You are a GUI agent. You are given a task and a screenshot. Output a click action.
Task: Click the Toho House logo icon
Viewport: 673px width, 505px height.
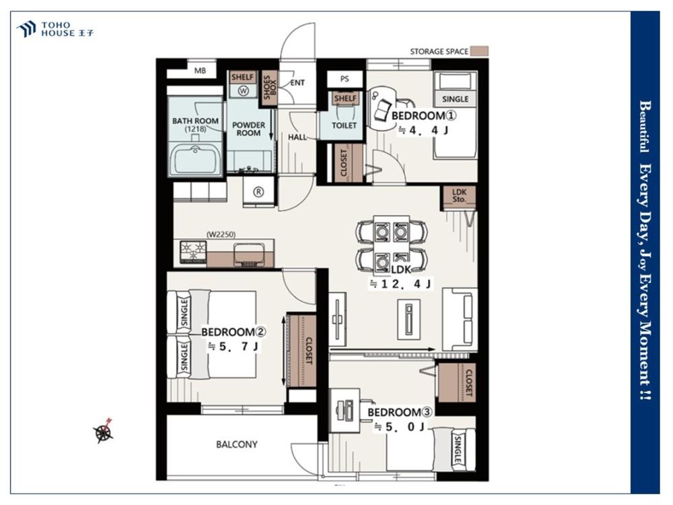26,29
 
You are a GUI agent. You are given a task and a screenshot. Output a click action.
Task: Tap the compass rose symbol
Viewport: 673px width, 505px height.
104,431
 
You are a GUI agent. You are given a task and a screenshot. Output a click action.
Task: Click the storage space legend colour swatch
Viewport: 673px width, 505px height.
479,52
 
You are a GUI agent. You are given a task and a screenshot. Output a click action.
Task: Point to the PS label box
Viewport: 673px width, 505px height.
345,79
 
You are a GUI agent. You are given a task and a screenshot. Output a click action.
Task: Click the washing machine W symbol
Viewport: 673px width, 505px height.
244,91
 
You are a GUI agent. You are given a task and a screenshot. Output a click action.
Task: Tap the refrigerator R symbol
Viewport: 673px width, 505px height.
258,192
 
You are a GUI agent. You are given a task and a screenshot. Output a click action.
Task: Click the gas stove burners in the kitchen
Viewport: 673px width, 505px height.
193,251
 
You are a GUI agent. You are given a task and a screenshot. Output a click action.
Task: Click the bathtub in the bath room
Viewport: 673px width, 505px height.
196,160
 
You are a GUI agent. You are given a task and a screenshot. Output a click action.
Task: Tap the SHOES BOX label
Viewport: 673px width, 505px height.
270,88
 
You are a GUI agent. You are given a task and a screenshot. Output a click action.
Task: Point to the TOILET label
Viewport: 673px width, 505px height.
344,125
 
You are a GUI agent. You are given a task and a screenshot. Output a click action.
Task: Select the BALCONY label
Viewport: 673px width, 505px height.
236,444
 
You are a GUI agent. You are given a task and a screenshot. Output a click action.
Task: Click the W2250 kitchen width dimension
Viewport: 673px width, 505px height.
221,234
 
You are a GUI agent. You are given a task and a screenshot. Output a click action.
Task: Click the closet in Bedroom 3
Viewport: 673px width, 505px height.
457,383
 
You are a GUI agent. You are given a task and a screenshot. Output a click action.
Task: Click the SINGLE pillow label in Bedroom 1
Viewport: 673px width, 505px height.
455,99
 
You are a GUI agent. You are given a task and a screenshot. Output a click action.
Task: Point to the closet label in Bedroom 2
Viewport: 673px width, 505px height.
309,351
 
